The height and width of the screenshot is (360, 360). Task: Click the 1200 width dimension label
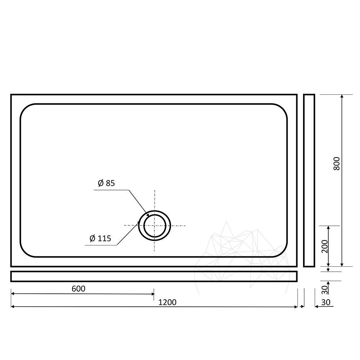pos(167,302)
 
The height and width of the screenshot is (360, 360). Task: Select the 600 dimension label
pos(78,289)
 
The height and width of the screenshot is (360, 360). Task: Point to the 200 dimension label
pos(325,246)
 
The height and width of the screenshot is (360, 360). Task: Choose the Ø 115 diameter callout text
pos(100,238)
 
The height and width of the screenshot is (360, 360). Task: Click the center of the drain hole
pos(155,226)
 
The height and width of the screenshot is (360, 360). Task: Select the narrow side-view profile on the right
pos(309,180)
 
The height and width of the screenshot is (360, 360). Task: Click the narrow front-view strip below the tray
pos(154,276)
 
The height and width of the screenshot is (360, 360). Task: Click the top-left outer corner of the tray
pos(11,95)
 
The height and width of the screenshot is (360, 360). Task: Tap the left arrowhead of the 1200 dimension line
pos(13,307)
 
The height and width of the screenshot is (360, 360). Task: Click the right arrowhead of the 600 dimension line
pos(153,294)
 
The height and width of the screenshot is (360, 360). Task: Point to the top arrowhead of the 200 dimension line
pos(328,228)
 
